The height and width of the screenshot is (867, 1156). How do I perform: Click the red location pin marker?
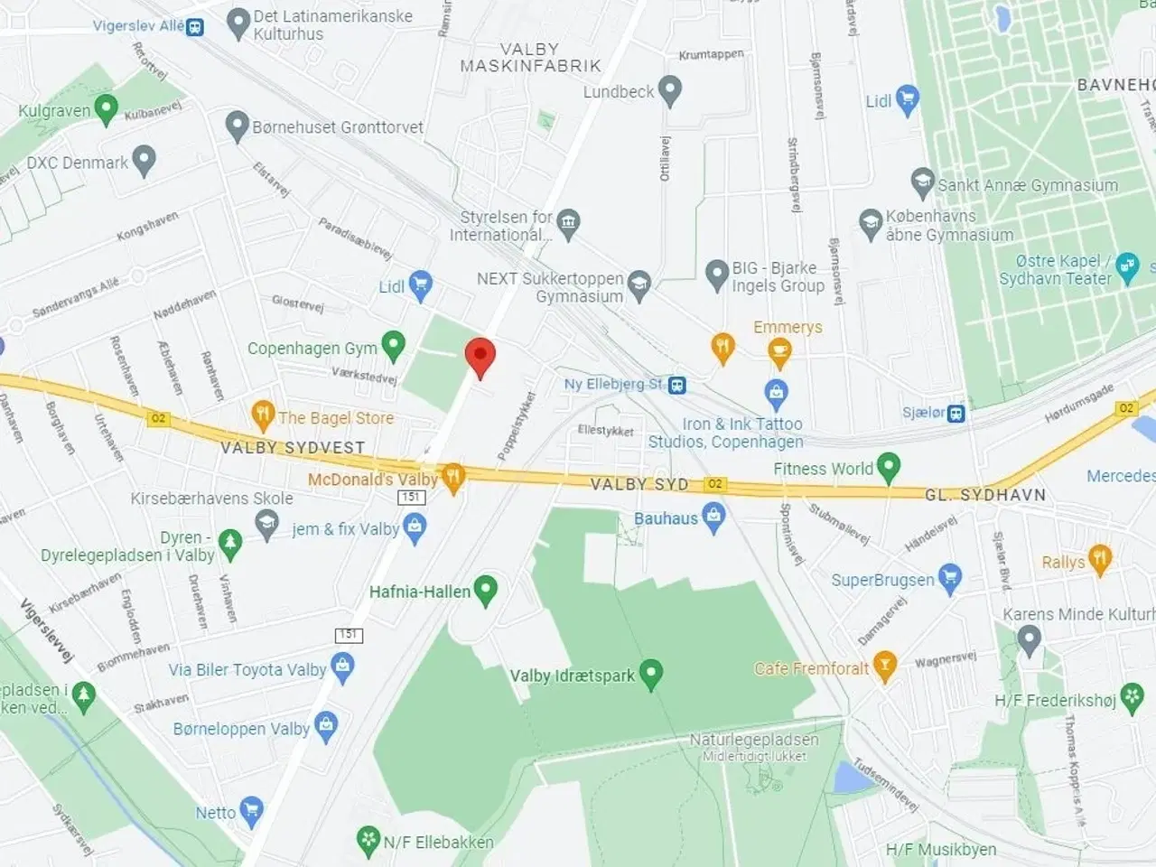point(480,357)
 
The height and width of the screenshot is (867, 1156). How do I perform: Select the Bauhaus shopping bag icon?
point(714,517)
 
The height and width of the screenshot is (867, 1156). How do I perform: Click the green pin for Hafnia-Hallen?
point(486,590)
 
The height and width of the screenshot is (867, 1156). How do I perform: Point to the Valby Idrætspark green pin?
point(650,674)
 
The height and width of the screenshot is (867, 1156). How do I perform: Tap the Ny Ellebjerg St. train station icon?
point(676,386)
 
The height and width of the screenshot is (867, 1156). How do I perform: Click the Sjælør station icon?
point(956,413)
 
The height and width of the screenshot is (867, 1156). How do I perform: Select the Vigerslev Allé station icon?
point(195,27)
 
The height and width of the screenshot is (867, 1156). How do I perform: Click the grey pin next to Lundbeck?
point(669,90)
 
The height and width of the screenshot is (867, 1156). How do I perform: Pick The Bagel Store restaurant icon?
point(263,415)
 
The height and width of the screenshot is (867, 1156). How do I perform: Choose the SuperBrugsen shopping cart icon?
point(949,577)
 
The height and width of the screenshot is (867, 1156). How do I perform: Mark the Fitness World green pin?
point(889,467)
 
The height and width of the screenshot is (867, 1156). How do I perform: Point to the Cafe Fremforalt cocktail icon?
point(885,667)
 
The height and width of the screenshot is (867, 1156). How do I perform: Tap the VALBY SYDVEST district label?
point(293,448)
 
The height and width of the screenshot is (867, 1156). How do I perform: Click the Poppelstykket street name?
point(517,426)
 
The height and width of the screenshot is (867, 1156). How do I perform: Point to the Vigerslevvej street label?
point(46,631)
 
